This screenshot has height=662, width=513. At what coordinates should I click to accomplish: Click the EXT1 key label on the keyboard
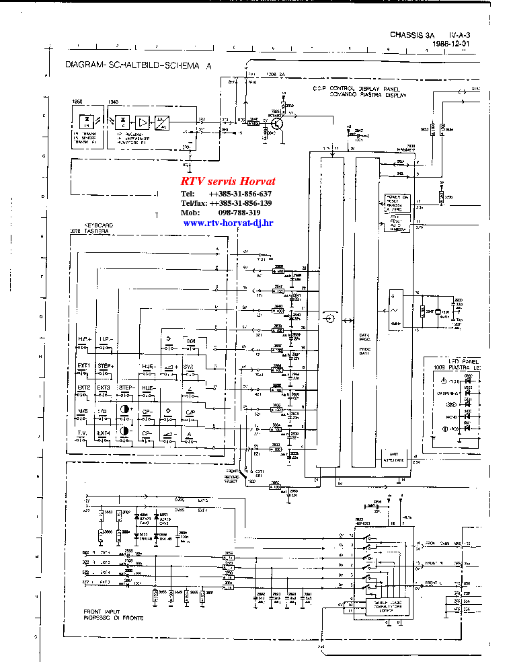(x=83, y=365)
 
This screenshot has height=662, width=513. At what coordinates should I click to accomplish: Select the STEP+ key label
(x=106, y=365)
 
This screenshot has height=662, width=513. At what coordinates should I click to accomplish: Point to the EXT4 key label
(x=104, y=433)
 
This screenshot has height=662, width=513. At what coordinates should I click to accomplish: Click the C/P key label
(x=190, y=412)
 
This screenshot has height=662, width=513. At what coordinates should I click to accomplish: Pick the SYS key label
(x=189, y=366)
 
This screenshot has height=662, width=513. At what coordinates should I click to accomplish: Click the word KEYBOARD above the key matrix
(x=97, y=225)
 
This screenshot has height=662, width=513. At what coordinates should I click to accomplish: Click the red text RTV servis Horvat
(x=228, y=182)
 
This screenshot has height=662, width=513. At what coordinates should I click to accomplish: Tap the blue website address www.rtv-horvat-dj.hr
(x=228, y=223)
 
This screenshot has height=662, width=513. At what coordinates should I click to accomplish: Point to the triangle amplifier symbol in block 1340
(x=142, y=122)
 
